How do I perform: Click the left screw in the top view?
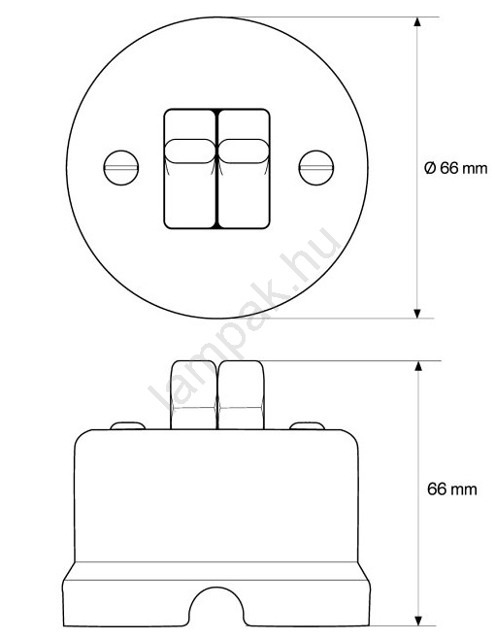point(121,168)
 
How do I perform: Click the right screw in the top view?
point(316,168)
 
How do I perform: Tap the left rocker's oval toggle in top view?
point(190,152)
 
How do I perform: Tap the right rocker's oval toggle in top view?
point(244,152)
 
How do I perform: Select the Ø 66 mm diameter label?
point(456,168)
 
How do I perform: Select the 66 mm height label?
point(452,488)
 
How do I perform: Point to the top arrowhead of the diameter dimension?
point(417,22)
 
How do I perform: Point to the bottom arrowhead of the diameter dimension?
point(417,314)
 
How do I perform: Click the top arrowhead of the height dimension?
point(418,366)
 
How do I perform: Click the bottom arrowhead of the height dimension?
point(418,621)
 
